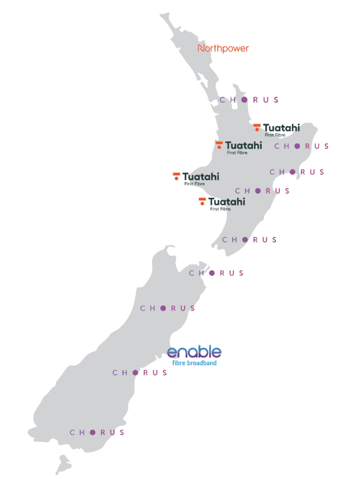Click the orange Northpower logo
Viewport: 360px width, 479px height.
[223, 48]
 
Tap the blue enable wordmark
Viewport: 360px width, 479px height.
[194, 352]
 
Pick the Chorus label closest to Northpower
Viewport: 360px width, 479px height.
[249, 100]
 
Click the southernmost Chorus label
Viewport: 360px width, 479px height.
[97, 432]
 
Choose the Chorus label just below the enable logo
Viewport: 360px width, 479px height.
[140, 372]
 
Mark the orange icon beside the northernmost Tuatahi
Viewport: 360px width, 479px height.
[257, 127]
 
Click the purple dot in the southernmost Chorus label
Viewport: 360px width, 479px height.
[93, 432]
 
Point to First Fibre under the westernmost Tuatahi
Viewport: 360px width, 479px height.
[194, 184]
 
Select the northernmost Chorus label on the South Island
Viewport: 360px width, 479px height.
[216, 273]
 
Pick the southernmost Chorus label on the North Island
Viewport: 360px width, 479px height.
[250, 239]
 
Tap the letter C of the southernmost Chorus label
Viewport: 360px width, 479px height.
[73, 432]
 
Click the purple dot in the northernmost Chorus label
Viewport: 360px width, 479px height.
[244, 100]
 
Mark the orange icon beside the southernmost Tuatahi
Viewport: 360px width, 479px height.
[202, 202]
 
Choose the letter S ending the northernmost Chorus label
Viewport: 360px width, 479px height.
[276, 100]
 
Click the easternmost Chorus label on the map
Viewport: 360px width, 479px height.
[301, 146]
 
